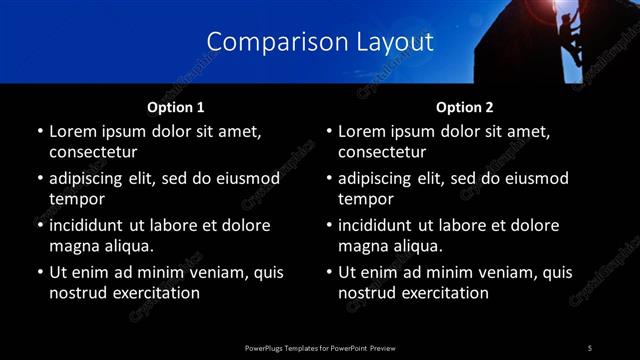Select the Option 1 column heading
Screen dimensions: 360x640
[175, 107]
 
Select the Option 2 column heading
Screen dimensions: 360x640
[464, 107]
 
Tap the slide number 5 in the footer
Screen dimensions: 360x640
[589, 347]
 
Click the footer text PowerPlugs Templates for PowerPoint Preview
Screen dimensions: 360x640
[319, 347]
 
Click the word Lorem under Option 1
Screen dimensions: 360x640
[75, 131]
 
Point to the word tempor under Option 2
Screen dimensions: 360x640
[363, 199]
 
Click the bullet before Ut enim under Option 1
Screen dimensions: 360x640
[39, 272]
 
